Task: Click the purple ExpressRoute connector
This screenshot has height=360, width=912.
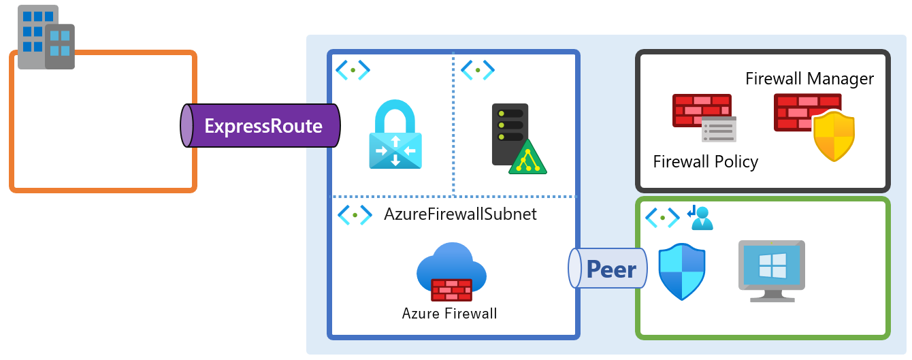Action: [262, 126]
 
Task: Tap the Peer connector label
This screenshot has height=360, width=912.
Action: [610, 270]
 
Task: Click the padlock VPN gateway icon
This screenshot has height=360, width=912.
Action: [395, 135]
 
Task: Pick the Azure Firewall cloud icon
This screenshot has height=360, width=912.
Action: [451, 272]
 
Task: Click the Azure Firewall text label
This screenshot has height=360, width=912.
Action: [449, 314]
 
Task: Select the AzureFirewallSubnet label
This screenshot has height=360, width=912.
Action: [460, 214]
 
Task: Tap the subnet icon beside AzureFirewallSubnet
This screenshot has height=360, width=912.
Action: [355, 215]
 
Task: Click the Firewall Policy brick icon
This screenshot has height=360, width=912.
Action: [703, 116]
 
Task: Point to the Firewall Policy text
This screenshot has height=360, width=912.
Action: [705, 162]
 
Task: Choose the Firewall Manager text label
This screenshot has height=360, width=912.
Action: [809, 79]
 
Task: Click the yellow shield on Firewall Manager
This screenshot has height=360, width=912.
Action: [834, 136]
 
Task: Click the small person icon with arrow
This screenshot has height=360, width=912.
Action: [700, 218]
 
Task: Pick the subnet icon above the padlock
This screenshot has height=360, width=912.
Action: [353, 69]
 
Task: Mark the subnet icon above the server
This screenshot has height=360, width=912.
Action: [478, 69]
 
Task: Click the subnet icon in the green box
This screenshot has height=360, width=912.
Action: [662, 218]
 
